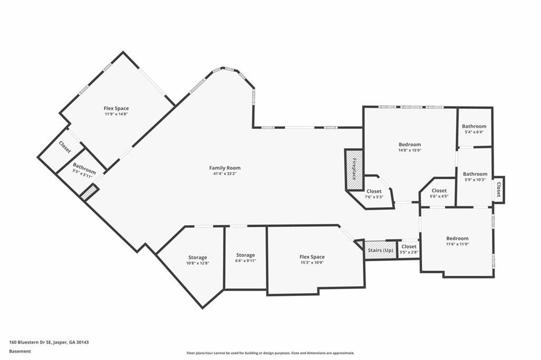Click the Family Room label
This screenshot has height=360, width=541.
225,168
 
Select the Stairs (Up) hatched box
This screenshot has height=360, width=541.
380,250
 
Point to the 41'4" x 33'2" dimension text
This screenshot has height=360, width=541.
225,174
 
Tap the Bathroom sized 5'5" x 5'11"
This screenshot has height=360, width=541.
84,172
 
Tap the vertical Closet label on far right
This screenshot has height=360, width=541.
498,189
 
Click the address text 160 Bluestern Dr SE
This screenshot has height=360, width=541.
49,342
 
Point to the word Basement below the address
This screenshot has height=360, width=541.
20,350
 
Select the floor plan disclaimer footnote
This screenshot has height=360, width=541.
270,353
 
